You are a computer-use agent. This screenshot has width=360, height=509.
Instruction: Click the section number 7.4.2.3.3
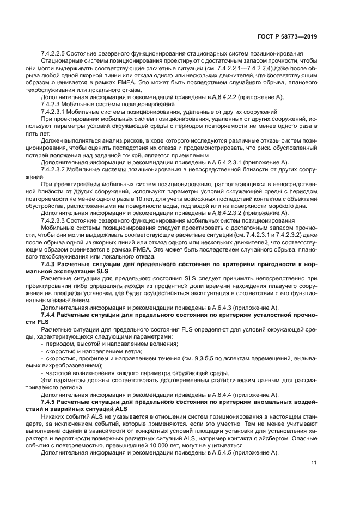[56, 221]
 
